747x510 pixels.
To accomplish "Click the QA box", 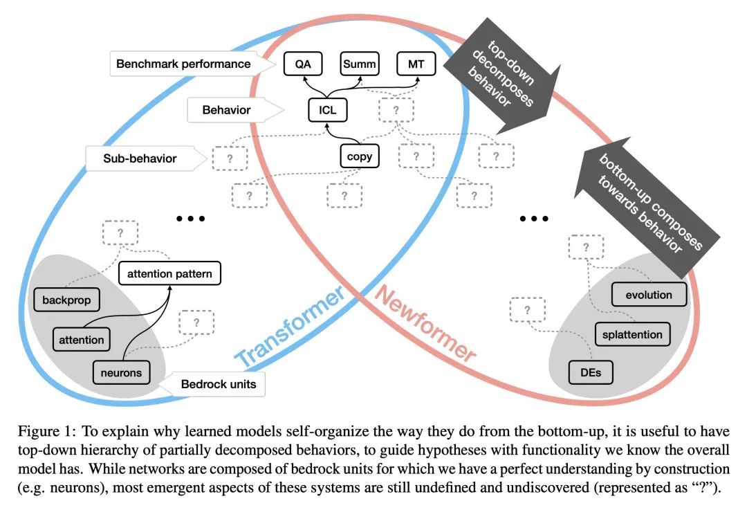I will [x=302, y=65].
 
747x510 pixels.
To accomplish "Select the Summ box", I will [x=360, y=65].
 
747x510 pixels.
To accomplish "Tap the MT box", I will [x=416, y=65].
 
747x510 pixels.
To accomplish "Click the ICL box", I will [x=327, y=110].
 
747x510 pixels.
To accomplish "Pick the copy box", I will [x=360, y=156].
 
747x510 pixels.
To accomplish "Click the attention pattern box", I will [x=170, y=274].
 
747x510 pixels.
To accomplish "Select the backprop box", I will [x=66, y=301].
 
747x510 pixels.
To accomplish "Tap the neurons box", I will [x=121, y=373].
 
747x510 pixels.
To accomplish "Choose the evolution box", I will [x=649, y=295].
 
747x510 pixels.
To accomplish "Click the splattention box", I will [x=632, y=335].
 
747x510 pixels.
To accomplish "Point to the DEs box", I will [x=590, y=373].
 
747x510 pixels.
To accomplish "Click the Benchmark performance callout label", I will [x=183, y=64].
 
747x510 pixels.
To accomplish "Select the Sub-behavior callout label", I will [x=140, y=158].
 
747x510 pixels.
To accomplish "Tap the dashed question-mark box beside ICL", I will [x=396, y=110].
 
